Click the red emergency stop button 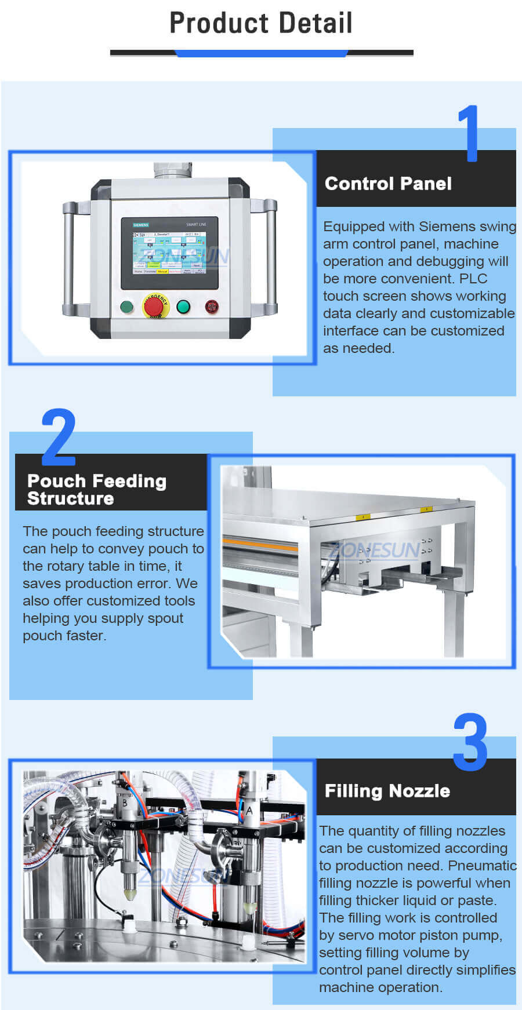pos(154,305)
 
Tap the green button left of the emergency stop pos(126,307)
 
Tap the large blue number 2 pos(59,437)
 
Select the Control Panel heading pos(388,184)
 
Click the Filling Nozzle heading pos(387,791)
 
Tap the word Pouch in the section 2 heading pos(56,481)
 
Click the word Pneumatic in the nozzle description pos(483,866)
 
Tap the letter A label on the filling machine pos(249,811)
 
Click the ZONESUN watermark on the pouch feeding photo pos(374,550)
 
